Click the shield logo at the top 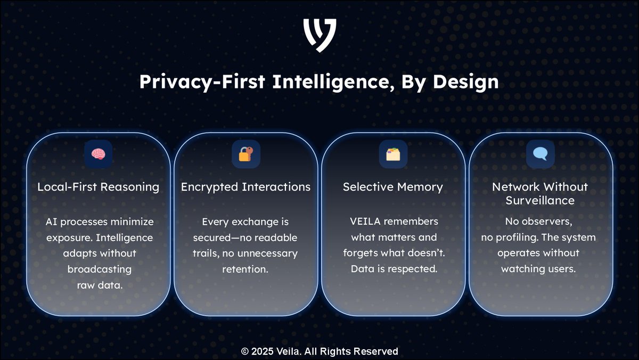pyautogui.click(x=319, y=35)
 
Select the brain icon pyautogui.click(x=99, y=154)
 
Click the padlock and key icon pyautogui.click(x=245, y=154)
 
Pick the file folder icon pyautogui.click(x=393, y=154)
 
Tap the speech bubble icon pyautogui.click(x=540, y=154)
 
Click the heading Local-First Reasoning pyautogui.click(x=99, y=187)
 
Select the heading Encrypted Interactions pyautogui.click(x=245, y=187)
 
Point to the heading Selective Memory pyautogui.click(x=393, y=187)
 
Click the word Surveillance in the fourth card pyautogui.click(x=540, y=201)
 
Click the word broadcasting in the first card pyautogui.click(x=99, y=269)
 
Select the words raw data pyautogui.click(x=99, y=285)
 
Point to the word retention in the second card pyautogui.click(x=245, y=269)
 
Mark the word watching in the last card pyautogui.click(x=521, y=269)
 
